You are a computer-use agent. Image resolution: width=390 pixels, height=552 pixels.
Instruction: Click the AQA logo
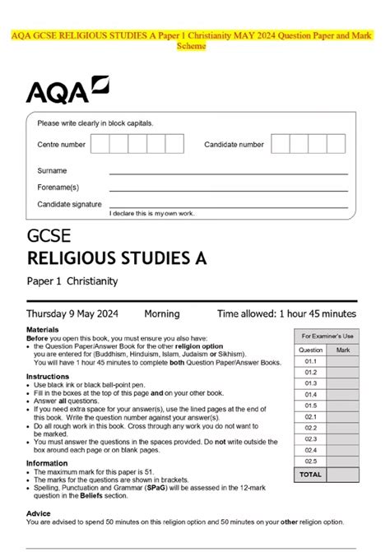click(66, 89)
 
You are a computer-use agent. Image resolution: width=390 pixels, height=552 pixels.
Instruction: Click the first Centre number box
click(100, 145)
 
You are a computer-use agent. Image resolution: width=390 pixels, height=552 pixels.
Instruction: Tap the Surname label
click(52, 171)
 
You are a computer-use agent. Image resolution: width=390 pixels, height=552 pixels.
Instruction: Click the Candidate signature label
click(69, 204)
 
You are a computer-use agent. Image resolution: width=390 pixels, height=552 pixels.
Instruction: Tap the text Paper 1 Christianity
click(72, 281)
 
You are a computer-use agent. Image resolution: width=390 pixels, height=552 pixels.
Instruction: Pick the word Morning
click(162, 313)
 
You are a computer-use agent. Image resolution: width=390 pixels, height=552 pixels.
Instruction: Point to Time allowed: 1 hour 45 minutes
click(286, 313)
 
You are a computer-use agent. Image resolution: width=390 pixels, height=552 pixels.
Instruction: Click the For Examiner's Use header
click(327, 336)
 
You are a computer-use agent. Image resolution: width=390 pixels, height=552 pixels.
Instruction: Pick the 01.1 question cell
click(310, 361)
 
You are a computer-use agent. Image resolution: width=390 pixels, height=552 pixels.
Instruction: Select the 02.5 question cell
click(310, 462)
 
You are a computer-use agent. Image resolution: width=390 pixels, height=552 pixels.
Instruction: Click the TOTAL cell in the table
click(310, 475)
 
